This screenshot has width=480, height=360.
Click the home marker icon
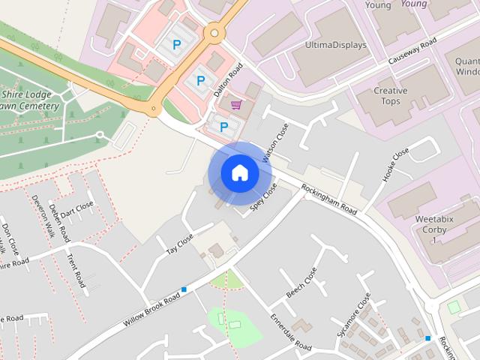pos(240,173)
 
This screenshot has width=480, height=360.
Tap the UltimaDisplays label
pos(335,45)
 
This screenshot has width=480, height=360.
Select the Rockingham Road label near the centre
pos(329,199)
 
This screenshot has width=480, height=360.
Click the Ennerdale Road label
pos(290,331)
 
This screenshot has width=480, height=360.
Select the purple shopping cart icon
pos(237,104)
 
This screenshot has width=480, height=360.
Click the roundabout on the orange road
pos(215,32)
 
